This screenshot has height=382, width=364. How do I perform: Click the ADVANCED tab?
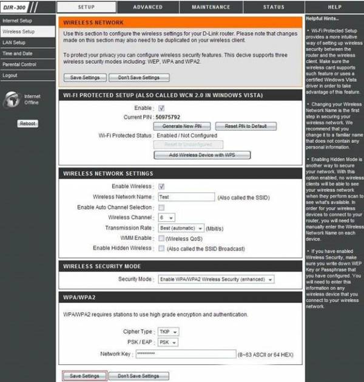tap(147, 7)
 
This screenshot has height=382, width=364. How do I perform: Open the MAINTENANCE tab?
tap(211, 7)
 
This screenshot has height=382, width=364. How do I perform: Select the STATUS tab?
tap(274, 7)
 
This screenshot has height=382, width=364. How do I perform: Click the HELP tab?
tap(334, 7)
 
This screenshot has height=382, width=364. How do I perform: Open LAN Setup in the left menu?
tap(14, 43)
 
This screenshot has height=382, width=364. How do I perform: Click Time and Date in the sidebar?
tap(18, 53)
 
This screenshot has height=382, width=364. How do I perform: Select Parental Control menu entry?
tap(19, 64)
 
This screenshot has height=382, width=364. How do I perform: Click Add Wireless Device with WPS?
tap(202, 155)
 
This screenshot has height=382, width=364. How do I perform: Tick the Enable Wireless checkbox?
tap(161, 186)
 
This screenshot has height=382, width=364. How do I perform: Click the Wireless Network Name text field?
tap(186, 197)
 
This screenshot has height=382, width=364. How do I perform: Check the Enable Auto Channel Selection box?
tap(161, 208)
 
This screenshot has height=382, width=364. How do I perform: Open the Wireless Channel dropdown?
tap(166, 217)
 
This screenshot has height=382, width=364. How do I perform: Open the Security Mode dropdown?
tap(215, 279)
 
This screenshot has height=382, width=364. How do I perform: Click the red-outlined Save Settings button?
tap(84, 376)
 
